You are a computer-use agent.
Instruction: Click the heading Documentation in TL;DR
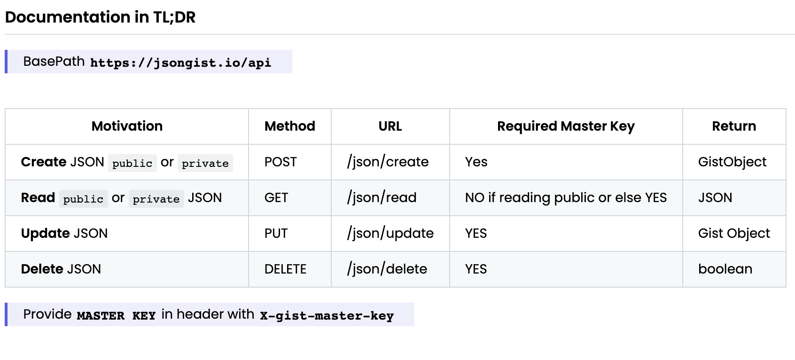(100, 17)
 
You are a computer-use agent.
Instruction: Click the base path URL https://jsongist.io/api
(180, 63)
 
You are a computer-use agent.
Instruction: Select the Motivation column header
(127, 126)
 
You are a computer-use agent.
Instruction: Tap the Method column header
(289, 126)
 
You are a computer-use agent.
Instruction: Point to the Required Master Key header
(566, 126)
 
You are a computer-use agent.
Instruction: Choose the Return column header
(734, 126)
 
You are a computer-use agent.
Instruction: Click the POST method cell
(281, 162)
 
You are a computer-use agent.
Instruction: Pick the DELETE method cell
(285, 269)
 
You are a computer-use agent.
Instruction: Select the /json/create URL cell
(388, 162)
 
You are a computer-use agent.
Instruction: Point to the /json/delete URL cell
(387, 269)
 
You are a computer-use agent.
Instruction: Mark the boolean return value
(725, 269)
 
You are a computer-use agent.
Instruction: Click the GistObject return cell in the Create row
(732, 162)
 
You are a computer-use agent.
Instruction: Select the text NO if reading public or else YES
(566, 198)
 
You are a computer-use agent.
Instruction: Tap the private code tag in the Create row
(205, 163)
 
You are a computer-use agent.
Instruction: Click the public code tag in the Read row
(84, 199)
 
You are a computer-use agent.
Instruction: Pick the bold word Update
(46, 234)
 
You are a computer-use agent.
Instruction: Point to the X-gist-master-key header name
(327, 315)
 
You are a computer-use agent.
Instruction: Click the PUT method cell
(276, 233)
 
